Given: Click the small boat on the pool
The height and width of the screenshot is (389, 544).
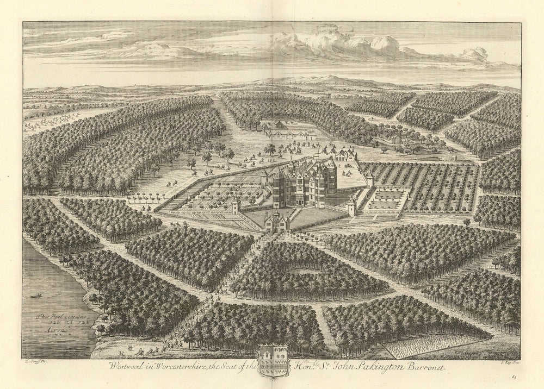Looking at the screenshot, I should [x=38, y=297].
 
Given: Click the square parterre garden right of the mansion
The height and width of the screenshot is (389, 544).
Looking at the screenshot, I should [x=387, y=199].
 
